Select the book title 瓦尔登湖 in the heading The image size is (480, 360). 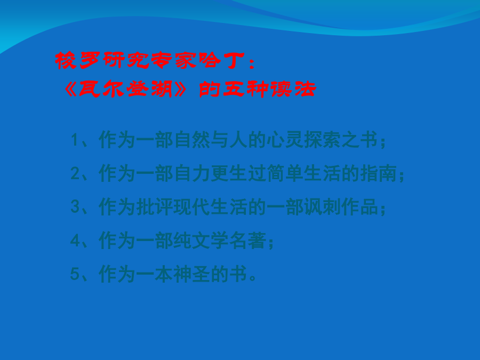click(125, 89)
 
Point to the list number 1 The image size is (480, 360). click(75, 140)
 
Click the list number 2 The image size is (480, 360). click(75, 173)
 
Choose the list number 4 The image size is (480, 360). click(75, 241)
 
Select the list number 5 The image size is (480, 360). click(75, 274)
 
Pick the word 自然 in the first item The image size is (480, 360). click(191, 140)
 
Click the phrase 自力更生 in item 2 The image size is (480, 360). click(210, 173)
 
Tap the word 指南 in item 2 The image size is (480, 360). click(378, 173)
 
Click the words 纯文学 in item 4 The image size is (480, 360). click(201, 241)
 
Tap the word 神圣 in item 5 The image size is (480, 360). click(191, 274)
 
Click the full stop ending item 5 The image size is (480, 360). click(253, 278)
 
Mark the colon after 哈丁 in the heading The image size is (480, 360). click(252, 63)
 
